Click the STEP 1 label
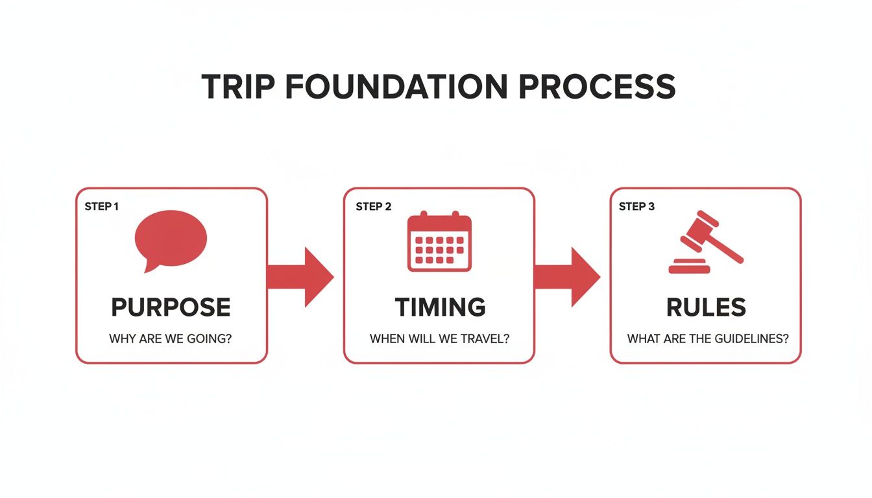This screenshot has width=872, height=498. coord(102,207)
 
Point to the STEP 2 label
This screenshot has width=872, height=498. coord(373,207)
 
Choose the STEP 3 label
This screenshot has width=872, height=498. coord(636,207)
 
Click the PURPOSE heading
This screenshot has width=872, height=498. coord(171,307)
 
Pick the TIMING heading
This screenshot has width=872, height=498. coord(439,307)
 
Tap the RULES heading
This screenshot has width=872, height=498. coord(706,307)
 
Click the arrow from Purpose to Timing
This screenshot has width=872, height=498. coord(300,276)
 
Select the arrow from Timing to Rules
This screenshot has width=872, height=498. coord(567,276)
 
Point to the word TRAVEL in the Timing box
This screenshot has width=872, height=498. coord(482,338)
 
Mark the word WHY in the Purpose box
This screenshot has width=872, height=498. coord(122,338)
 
